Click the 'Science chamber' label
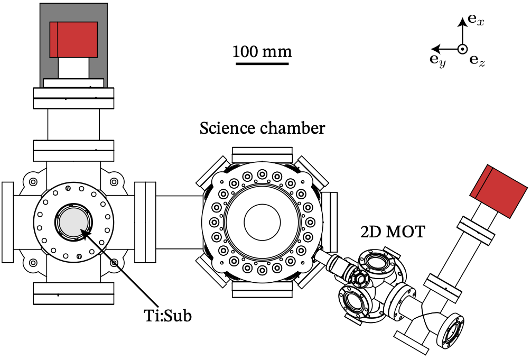point(262,128)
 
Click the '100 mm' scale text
point(262,52)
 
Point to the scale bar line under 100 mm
point(262,64)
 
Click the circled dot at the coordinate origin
point(462,49)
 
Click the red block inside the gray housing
point(73,40)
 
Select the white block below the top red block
point(73,67)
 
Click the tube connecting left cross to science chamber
point(178,221)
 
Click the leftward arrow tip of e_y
point(432,49)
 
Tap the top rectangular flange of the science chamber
point(262,156)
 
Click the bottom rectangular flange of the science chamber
point(262,289)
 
